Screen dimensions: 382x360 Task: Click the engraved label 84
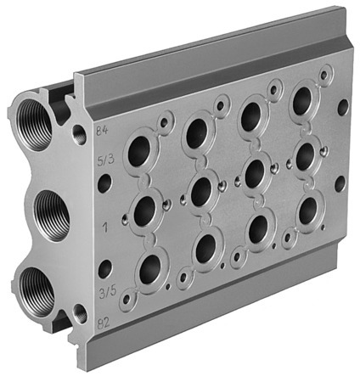(103, 129)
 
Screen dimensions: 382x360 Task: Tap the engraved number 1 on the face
(105, 227)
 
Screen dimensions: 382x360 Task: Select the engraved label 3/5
(108, 293)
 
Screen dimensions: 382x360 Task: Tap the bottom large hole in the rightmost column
(307, 210)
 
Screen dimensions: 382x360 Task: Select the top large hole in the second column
(197, 131)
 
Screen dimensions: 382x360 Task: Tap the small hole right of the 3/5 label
(105, 270)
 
